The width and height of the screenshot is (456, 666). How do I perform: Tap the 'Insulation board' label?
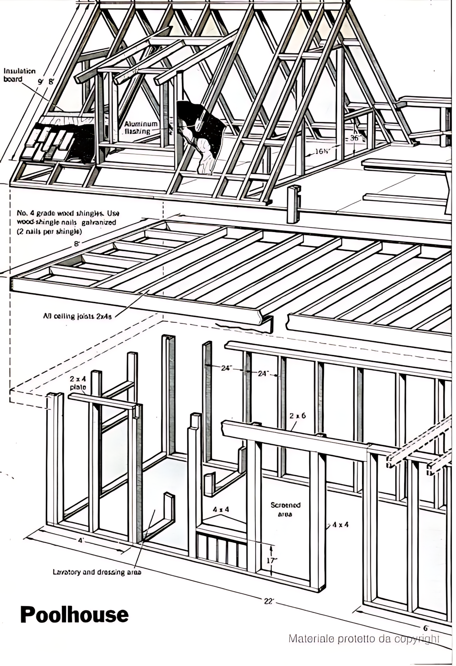pos(19,75)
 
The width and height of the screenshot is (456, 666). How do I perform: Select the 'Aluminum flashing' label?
pos(141,127)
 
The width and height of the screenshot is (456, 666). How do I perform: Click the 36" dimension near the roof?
pos(354,138)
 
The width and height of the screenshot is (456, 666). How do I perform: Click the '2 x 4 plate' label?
pos(78,383)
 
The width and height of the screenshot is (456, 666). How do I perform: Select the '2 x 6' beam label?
pos(297,416)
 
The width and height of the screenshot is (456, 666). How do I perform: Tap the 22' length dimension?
pos(269,600)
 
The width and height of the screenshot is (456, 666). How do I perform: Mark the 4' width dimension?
pos(81,541)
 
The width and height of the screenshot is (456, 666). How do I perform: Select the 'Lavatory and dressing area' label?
pos(97,572)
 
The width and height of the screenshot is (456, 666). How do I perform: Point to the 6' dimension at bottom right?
pos(426,628)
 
